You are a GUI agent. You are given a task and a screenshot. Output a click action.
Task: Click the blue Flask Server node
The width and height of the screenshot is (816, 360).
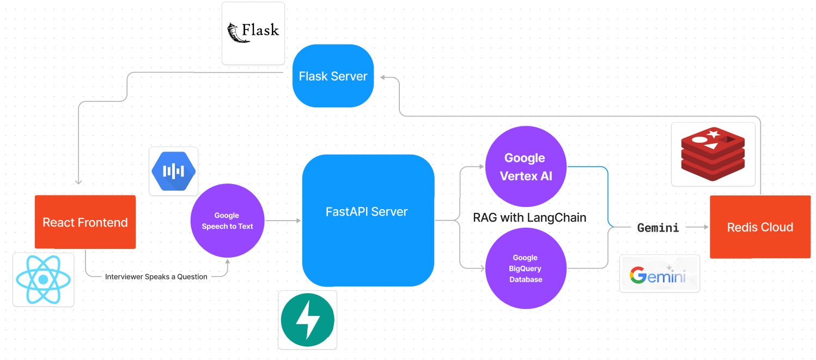click(333, 76)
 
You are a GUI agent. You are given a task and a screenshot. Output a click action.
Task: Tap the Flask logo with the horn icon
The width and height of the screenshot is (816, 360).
click(253, 33)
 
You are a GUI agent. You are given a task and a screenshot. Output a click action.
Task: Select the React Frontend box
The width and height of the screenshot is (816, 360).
click(85, 222)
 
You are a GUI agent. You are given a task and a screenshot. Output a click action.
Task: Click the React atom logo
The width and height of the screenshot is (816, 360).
click(43, 279)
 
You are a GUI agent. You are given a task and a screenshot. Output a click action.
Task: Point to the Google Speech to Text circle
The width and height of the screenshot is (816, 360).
click(227, 221)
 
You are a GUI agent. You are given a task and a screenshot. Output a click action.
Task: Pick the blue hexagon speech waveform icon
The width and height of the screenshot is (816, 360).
click(173, 171)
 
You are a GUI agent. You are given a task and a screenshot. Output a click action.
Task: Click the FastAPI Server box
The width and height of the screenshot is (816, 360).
click(368, 220)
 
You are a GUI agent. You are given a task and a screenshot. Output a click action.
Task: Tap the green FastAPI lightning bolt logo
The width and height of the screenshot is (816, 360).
click(307, 320)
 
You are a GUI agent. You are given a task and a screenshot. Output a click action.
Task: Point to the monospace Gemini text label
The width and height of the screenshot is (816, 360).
click(658, 228)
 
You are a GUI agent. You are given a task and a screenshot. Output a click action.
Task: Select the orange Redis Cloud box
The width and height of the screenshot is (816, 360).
click(760, 227)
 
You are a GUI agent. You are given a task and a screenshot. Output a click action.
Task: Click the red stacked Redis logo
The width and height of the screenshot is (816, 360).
click(713, 154)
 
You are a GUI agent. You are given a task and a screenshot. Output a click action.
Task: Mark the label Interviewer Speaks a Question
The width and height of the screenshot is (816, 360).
click(156, 277)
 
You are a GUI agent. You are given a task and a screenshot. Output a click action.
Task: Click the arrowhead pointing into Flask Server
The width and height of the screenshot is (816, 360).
click(383, 77)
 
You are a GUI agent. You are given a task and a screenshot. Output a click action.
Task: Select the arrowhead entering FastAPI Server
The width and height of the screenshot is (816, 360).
click(298, 221)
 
